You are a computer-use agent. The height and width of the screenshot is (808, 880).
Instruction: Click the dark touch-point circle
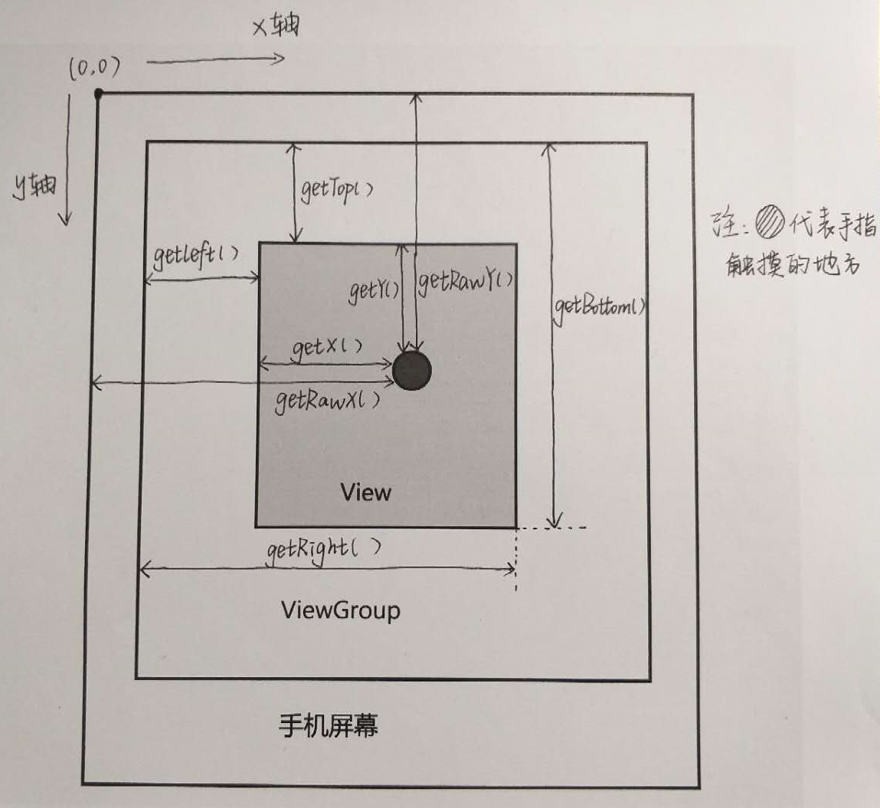(x=412, y=371)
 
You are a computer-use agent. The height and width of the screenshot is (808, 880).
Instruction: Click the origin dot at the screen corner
(x=99, y=93)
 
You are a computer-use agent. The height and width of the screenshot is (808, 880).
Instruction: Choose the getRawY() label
(x=465, y=281)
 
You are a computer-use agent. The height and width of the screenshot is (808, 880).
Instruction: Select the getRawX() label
(x=328, y=399)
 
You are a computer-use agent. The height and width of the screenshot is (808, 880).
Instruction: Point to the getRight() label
(x=324, y=548)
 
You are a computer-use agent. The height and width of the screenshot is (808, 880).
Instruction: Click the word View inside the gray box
(x=365, y=492)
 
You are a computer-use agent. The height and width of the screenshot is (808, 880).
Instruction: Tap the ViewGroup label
(x=340, y=610)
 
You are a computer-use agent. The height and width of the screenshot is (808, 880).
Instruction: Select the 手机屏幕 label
(x=329, y=725)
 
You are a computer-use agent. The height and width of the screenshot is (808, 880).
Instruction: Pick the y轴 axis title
(x=34, y=185)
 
